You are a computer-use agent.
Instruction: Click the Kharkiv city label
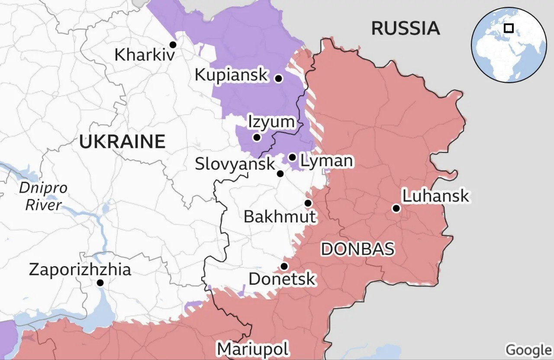[145, 55]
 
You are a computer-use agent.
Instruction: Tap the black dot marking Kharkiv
[173, 45]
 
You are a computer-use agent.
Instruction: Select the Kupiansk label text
[232, 74]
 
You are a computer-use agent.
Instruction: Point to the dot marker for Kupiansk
[279, 78]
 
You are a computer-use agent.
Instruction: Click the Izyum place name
[271, 122]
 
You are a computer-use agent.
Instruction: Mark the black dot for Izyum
[257, 138]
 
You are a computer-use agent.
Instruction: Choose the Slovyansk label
[235, 164]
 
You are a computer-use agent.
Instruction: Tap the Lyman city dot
[293, 157]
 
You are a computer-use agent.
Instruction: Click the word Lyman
[326, 161]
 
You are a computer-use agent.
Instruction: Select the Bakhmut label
[280, 216]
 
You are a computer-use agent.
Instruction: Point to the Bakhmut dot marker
[308, 203]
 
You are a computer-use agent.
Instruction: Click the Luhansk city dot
[396, 209]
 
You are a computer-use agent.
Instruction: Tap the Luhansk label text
[435, 196]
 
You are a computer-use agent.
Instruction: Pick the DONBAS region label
[358, 249]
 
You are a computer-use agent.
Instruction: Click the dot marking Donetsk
[284, 266]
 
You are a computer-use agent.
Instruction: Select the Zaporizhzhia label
[80, 270]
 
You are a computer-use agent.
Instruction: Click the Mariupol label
[253, 349]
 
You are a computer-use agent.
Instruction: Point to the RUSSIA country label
[406, 29]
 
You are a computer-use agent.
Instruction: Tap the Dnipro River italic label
[43, 196]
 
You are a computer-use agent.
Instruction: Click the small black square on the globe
[509, 28]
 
